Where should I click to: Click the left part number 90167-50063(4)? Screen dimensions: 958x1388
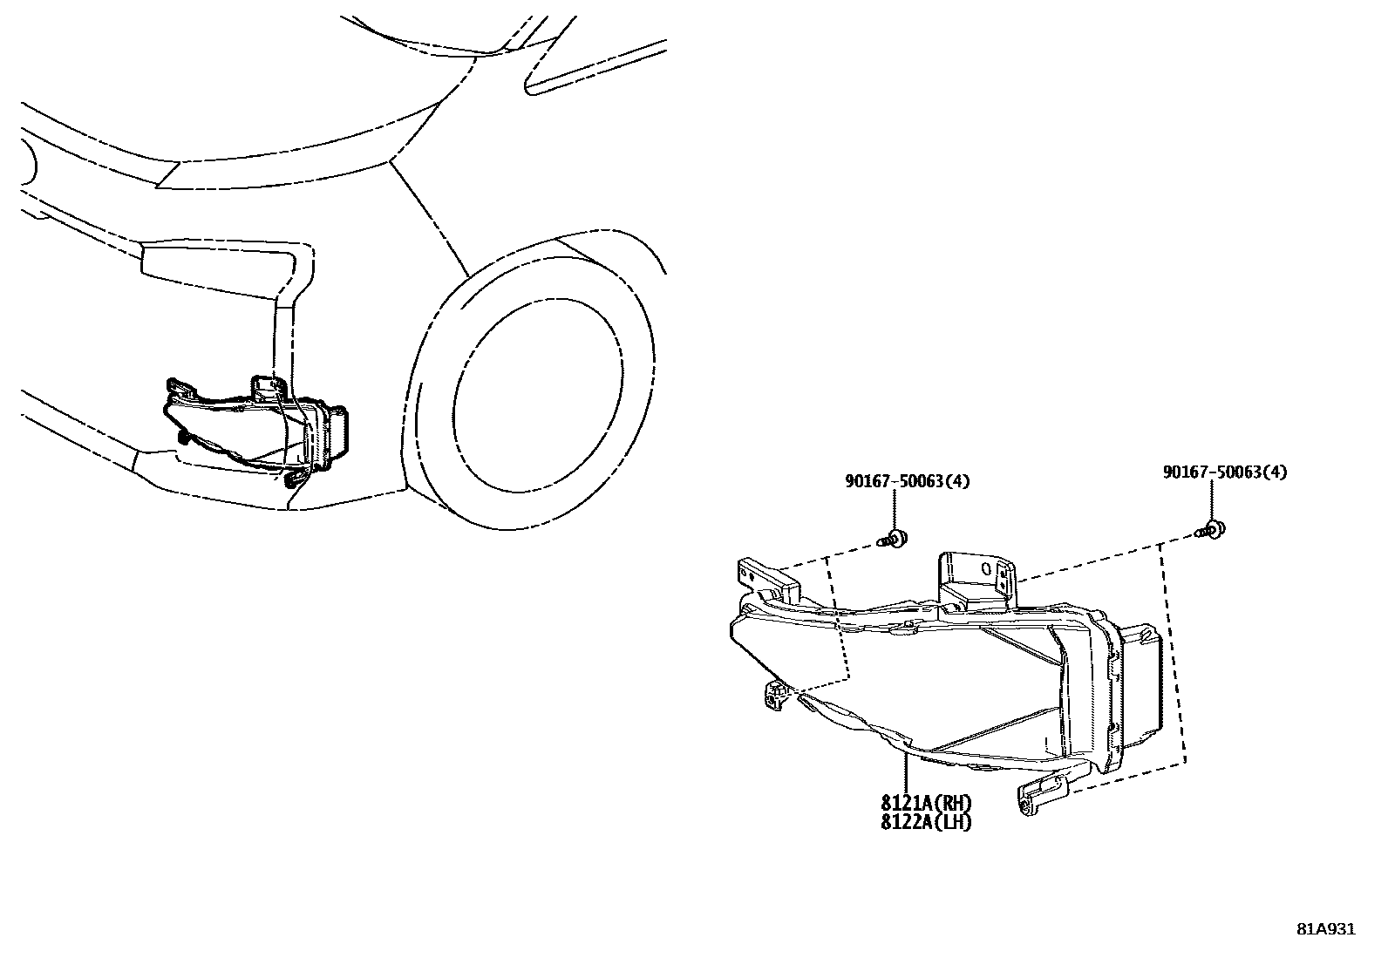(x=908, y=481)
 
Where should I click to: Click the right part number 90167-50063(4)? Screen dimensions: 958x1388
(x=1224, y=472)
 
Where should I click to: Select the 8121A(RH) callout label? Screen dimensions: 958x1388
(x=925, y=804)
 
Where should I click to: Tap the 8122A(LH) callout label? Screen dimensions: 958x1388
(x=925, y=821)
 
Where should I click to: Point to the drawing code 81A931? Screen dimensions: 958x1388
(x=1326, y=929)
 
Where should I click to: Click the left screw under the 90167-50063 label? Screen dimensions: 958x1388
(x=893, y=539)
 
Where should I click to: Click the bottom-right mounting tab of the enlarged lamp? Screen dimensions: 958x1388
(x=1044, y=794)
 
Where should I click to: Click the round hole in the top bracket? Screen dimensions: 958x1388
(x=986, y=568)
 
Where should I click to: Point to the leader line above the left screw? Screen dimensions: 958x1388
(x=895, y=510)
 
